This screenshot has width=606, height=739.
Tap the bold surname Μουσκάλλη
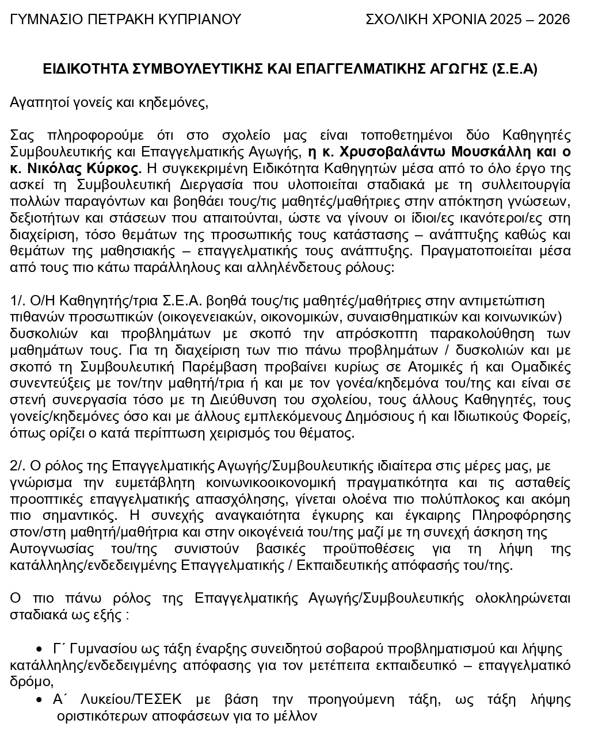[493, 152]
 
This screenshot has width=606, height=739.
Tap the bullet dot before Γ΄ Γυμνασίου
[39, 649]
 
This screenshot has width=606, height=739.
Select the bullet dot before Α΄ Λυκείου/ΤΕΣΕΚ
[39, 700]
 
